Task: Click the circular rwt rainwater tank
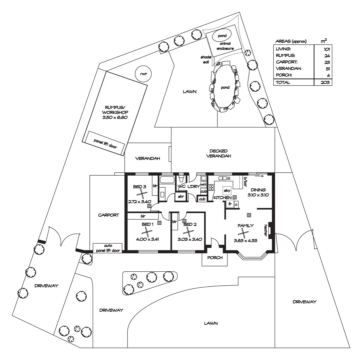[143, 74]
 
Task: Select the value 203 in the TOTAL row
[325, 82]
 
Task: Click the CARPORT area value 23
[326, 62]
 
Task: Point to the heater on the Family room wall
[271, 230]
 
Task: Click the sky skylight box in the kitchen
[227, 190]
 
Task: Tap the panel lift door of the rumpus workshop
[105, 142]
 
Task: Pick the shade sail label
[204, 59]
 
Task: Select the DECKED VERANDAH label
[219, 153]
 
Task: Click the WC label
[182, 186]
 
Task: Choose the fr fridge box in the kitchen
[230, 204]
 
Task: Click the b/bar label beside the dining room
[246, 180]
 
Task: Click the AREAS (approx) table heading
[291, 41]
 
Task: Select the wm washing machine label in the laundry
[203, 185]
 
